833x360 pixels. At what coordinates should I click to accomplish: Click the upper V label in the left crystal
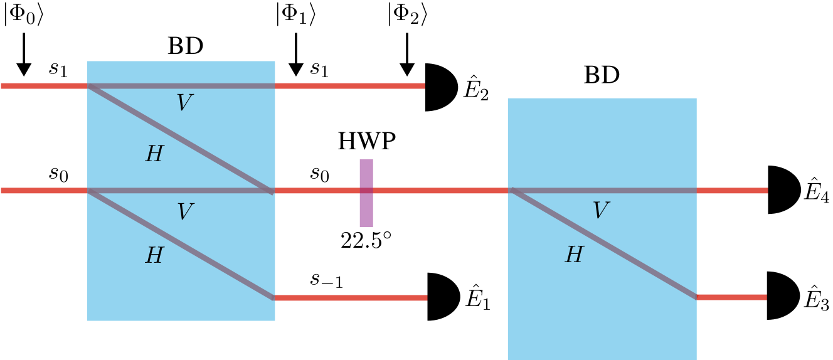pyautogui.click(x=184, y=103)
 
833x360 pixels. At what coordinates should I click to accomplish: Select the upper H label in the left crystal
pyautogui.click(x=154, y=154)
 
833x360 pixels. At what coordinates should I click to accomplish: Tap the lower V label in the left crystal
pyautogui.click(x=184, y=212)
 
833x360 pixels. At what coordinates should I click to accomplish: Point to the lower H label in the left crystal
pyautogui.click(x=154, y=256)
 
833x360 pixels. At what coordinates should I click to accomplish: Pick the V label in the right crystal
pyautogui.click(x=600, y=211)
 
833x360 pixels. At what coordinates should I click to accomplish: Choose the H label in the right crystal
pyautogui.click(x=574, y=255)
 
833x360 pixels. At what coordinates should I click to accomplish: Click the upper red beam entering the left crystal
pyautogui.click(x=44, y=86)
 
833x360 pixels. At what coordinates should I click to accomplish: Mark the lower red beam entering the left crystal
pyautogui.click(x=44, y=191)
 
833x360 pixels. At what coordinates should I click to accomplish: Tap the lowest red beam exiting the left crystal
pyautogui.click(x=351, y=298)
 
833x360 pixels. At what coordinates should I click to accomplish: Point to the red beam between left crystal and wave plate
pyautogui.click(x=317, y=191)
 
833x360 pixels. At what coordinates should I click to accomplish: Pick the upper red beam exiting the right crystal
pyautogui.click(x=732, y=191)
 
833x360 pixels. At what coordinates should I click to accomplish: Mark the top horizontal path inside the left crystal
pyautogui.click(x=181, y=86)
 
